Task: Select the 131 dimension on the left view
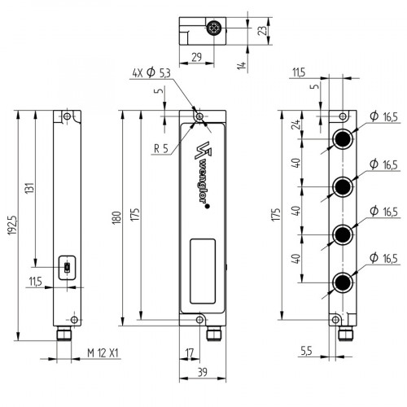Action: (28, 187)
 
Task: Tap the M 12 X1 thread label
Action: (103, 353)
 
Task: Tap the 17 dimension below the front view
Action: (190, 353)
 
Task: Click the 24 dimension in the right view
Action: (297, 125)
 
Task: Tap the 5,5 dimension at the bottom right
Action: (305, 351)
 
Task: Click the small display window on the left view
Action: (67, 266)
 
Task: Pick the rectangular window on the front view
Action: (203, 268)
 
